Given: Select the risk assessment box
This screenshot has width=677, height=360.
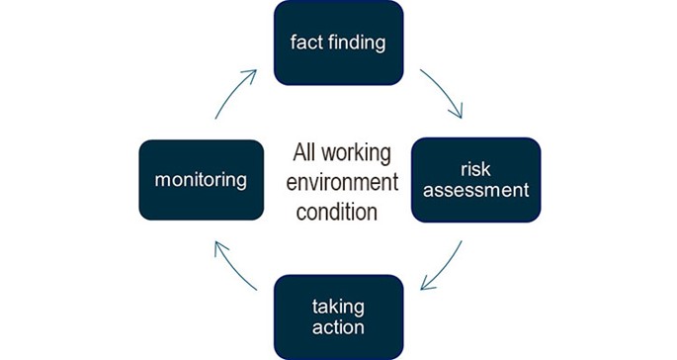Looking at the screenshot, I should point(475,179).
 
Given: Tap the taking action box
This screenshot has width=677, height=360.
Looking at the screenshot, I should point(338,315).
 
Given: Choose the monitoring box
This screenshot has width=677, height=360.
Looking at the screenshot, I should point(201,179).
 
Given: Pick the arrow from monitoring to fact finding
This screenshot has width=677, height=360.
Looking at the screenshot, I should point(236,91).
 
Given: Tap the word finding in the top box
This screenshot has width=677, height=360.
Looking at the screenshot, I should point(355,43).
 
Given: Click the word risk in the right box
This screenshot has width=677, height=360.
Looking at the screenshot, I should point(475,168).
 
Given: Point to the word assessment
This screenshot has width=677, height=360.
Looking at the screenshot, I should point(475,189).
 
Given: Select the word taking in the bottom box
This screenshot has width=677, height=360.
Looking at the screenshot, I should point(338,306).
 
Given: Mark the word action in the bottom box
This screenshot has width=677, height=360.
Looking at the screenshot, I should point(337,326).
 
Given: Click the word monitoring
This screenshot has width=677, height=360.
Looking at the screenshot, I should point(201,179).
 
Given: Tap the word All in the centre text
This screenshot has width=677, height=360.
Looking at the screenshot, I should point(303,154).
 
